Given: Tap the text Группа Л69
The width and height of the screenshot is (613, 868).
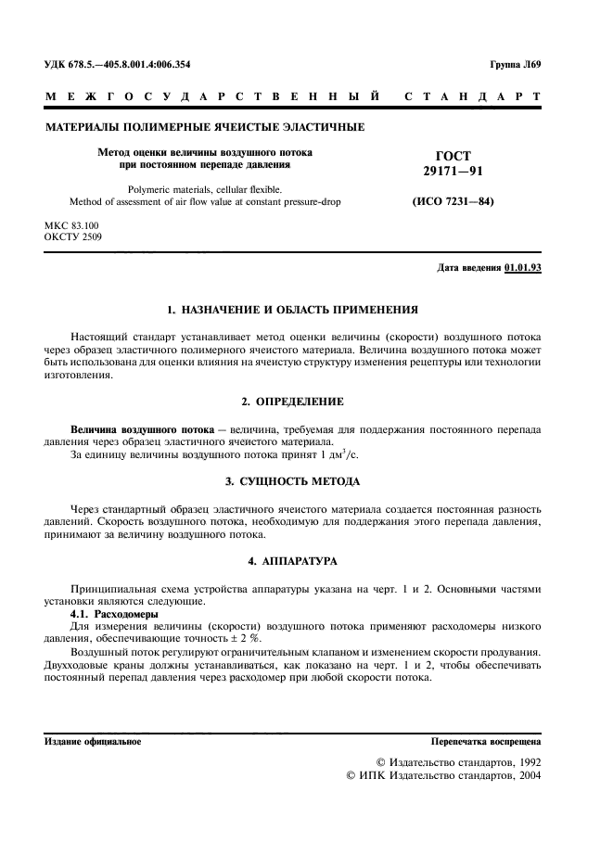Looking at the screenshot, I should [521, 65].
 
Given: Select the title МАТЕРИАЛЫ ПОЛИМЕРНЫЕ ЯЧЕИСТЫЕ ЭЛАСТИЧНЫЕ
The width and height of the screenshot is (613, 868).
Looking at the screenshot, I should [205, 127].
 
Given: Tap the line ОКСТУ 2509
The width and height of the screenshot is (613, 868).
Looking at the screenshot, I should [74, 237].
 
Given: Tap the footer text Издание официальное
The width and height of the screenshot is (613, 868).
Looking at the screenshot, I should [93, 743].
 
